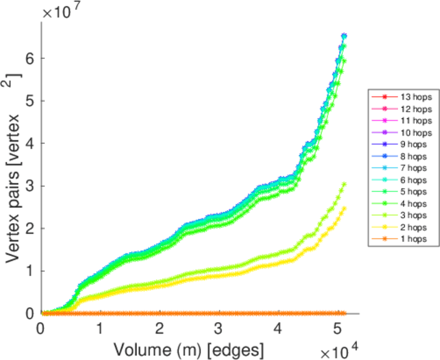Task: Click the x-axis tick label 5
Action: (336, 329)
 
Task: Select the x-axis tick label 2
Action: (159, 329)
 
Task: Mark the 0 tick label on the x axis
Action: (41, 329)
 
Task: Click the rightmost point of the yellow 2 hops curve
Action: (344, 208)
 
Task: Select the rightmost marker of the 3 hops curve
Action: (344, 184)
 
